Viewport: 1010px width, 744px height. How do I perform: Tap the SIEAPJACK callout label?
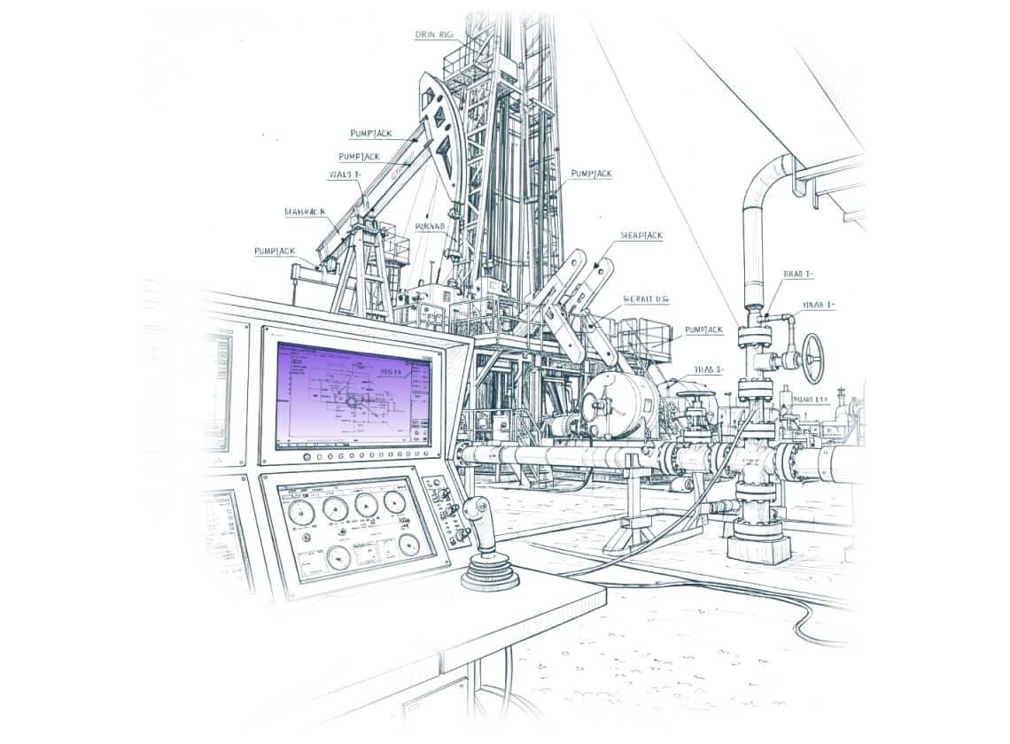pos(641,236)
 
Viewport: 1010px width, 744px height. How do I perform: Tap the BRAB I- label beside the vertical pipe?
pos(798,274)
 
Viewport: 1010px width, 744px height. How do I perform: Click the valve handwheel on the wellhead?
pos(812,358)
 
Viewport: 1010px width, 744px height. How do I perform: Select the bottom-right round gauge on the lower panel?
pos(409,545)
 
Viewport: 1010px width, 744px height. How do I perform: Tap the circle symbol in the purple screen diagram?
pos(351,402)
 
